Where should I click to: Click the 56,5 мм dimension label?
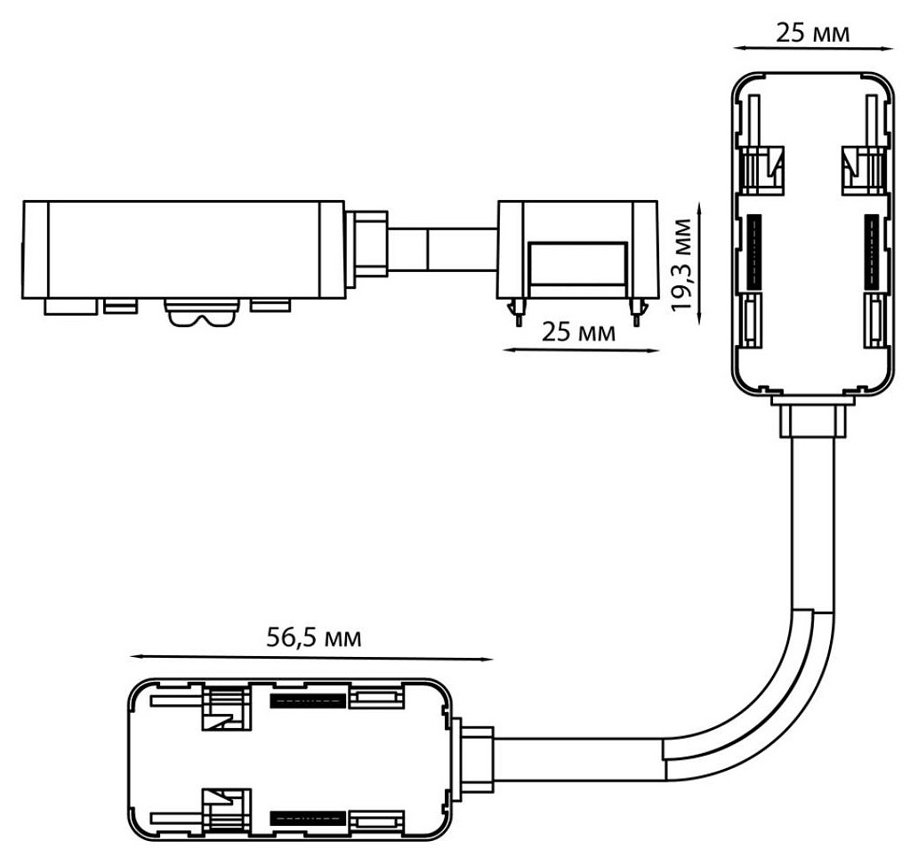point(314,638)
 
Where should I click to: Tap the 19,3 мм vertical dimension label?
point(681,265)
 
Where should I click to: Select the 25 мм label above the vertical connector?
point(813,34)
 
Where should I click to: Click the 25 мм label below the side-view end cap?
point(578,332)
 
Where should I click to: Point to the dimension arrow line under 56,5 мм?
point(311,659)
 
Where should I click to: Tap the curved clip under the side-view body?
point(202,313)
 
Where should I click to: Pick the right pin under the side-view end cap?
point(638,312)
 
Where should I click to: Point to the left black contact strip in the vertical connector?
point(755,252)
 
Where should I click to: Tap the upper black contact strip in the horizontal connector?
point(307,701)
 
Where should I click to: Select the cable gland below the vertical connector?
point(813,417)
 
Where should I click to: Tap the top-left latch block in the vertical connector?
point(762,169)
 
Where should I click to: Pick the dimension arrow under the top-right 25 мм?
point(813,49)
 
